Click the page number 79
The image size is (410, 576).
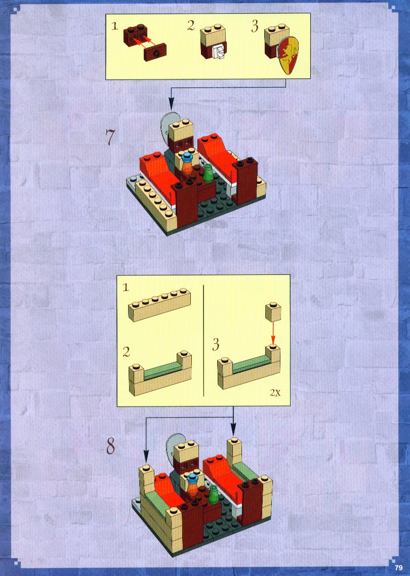coord(398,567)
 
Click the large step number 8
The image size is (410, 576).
coord(110,446)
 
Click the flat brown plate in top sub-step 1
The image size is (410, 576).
coord(155,52)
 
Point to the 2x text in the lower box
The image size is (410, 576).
coord(275,392)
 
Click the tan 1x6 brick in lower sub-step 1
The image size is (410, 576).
coord(159,305)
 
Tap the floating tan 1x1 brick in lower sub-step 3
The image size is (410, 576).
coord(273,312)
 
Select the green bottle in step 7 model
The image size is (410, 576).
coord(209,173)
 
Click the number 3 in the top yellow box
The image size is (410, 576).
coord(255,26)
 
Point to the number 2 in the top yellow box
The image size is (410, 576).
coord(191,25)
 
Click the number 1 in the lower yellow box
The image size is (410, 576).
coord(126,287)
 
